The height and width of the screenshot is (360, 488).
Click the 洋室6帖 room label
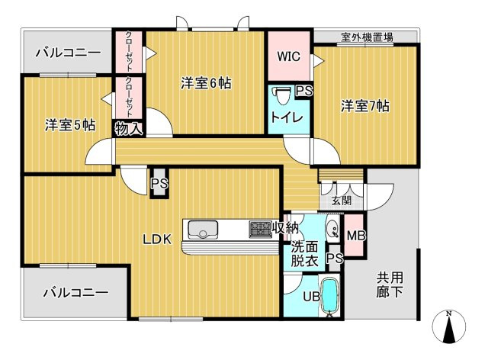tap(206, 83)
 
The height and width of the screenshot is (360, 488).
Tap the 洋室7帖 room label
tap(364, 106)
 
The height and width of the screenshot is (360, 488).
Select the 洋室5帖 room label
tap(70, 125)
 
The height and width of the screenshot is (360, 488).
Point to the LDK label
tap(157, 239)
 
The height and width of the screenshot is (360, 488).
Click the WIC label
tap(288, 56)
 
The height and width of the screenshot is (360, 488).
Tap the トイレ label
tap(287, 117)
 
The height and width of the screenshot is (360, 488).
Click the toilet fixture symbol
tap(282, 96)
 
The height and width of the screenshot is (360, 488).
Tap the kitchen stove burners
tap(261, 230)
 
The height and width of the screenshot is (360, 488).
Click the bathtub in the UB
tap(329, 296)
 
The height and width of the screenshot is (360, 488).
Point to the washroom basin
tap(332, 230)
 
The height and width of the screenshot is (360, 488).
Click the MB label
tap(356, 236)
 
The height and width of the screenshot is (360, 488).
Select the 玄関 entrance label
tap(342, 201)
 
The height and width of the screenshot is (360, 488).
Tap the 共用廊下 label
tap(390, 284)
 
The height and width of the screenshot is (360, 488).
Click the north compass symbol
tap(449, 326)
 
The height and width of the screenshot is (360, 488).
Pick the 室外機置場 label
tap(367, 37)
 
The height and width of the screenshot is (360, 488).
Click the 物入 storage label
tap(129, 128)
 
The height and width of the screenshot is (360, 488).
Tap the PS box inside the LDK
tap(159, 183)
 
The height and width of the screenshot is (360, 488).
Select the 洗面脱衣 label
tap(304, 255)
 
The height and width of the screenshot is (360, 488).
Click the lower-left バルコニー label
tap(76, 292)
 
